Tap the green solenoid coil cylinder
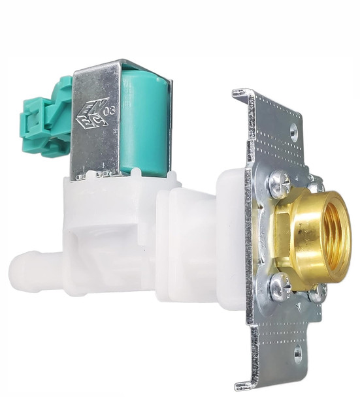coord(144,124)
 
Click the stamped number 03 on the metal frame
coord(109,110)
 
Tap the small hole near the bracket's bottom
coord(297,354)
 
